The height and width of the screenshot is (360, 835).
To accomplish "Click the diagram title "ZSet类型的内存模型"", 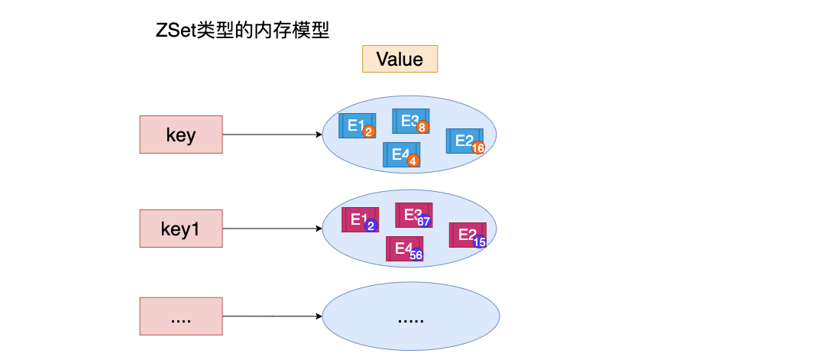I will (241, 31).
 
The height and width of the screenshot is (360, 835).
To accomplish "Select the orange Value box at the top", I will (400, 59).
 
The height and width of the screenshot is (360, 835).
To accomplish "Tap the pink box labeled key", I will (181, 135).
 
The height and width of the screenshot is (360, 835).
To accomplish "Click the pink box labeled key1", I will (181, 228).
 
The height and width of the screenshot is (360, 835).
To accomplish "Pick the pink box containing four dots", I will (181, 316).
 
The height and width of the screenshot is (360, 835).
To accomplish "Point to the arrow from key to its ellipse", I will (272, 135).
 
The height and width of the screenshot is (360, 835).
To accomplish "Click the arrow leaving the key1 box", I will (272, 228).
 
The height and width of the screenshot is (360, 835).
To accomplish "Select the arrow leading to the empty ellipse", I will (272, 316).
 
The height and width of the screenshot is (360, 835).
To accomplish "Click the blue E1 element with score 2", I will (356, 126).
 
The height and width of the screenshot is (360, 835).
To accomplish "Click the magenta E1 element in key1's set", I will (360, 220).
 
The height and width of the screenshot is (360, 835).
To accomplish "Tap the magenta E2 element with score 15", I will (467, 235).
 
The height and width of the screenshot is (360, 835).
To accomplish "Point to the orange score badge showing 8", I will (422, 128).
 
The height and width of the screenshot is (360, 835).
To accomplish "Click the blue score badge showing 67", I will (424, 222).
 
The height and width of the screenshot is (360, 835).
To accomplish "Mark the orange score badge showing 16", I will (478, 148).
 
